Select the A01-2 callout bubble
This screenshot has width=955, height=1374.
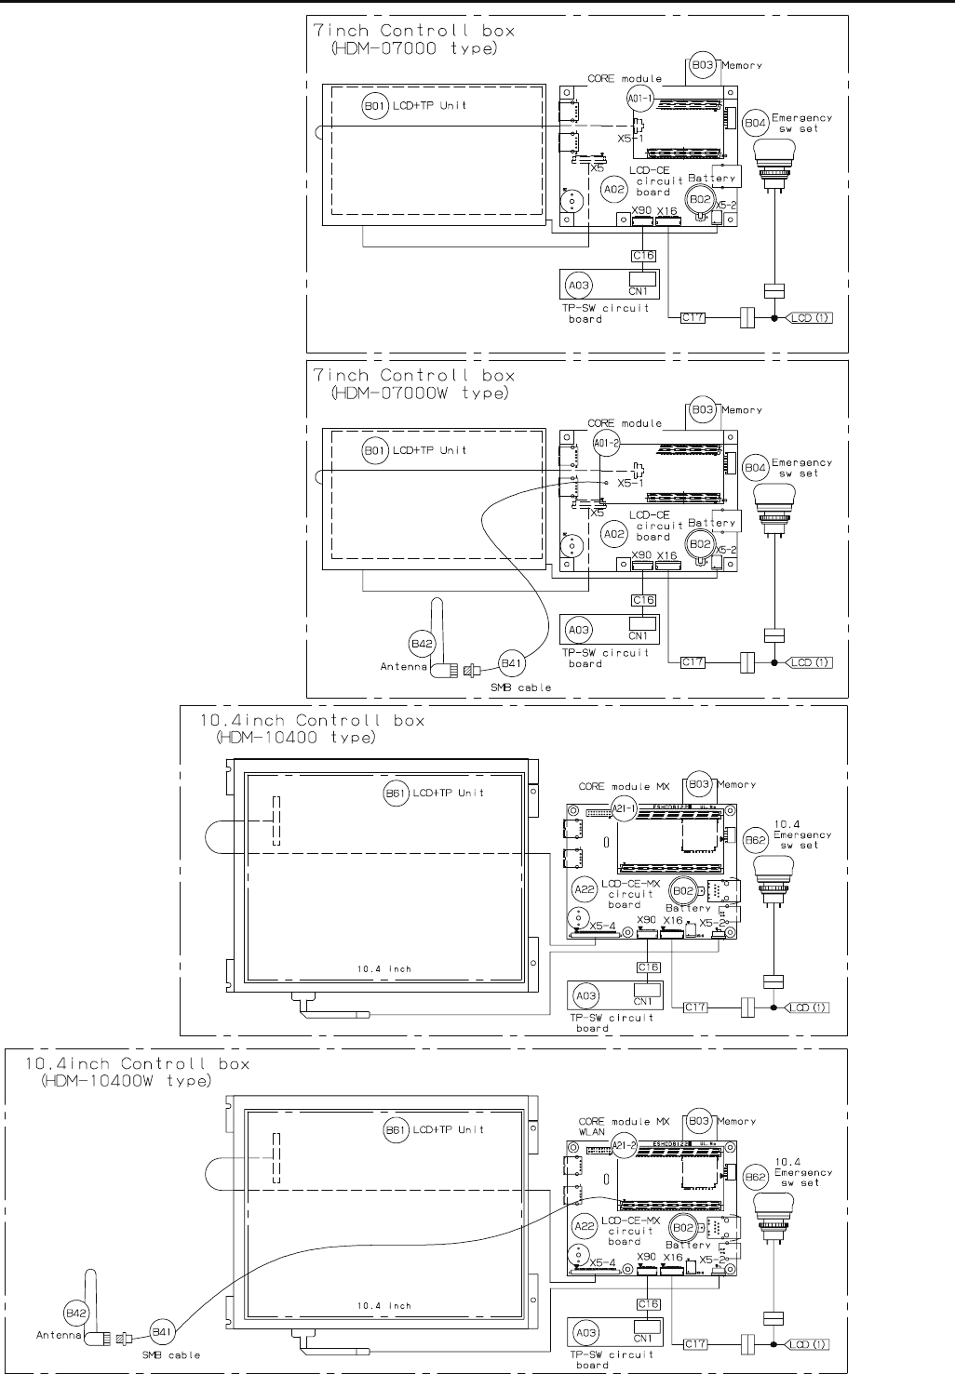click(x=605, y=444)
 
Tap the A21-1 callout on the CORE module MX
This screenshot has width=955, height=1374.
click(x=621, y=809)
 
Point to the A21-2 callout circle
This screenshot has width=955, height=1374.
click(x=621, y=1146)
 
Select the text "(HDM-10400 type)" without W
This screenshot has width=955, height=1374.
click(x=289, y=738)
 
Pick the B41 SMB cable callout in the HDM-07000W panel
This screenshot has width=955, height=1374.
click(x=511, y=663)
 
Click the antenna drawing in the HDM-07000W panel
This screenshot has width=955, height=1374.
click(x=437, y=642)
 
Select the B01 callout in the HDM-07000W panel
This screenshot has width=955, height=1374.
click(x=373, y=451)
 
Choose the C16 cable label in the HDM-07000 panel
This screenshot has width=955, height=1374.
click(x=643, y=256)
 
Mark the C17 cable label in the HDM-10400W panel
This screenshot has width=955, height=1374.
click(x=695, y=1343)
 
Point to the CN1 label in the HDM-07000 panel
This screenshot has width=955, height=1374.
click(x=639, y=289)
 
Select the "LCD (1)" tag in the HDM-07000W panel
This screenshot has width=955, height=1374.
click(x=810, y=662)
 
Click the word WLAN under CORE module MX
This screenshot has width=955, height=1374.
click(x=592, y=1132)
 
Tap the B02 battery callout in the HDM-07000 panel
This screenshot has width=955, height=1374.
click(x=699, y=198)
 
